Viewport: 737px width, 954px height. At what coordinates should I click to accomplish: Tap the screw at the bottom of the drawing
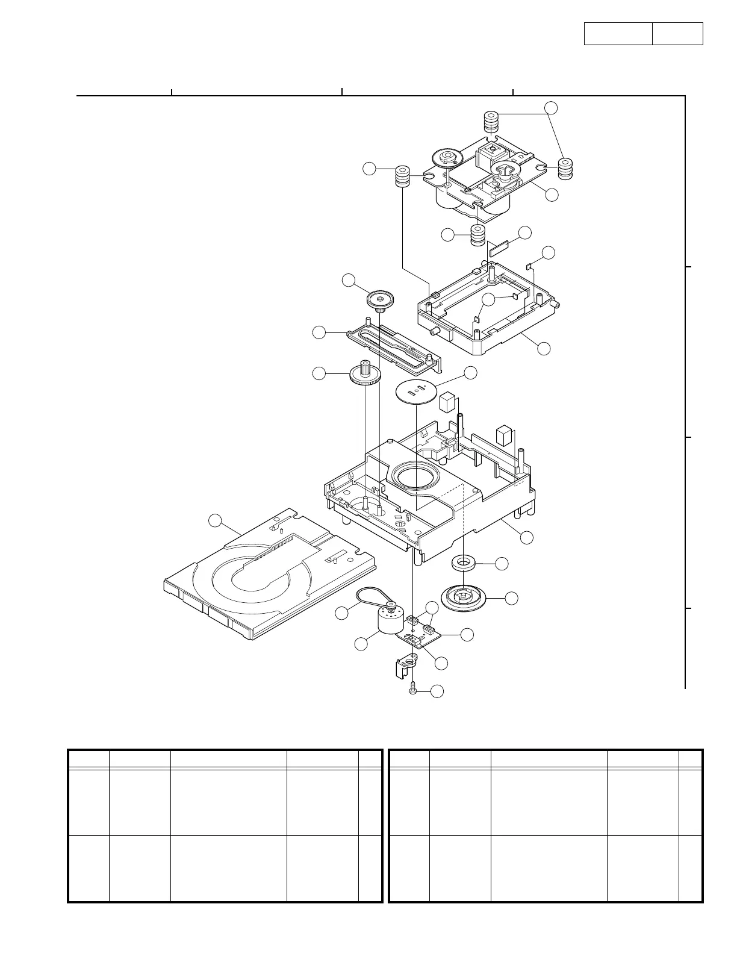point(412,688)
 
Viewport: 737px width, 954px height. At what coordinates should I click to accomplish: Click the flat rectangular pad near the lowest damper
point(499,247)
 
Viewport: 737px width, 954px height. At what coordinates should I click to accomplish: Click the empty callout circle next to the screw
point(438,691)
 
